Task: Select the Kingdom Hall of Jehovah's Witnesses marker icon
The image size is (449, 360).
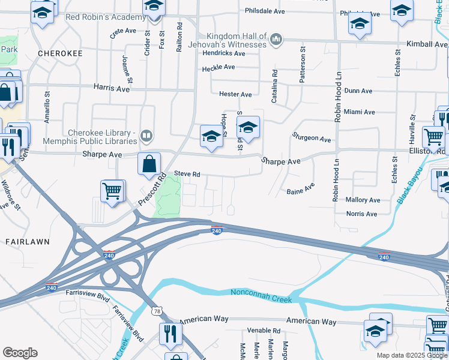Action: [x=276, y=40]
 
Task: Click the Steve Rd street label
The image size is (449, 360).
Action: [x=187, y=174]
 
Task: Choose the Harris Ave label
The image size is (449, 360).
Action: [x=112, y=88]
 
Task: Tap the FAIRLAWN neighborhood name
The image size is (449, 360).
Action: [x=26, y=241]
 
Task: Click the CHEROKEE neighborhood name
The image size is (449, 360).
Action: [x=59, y=53]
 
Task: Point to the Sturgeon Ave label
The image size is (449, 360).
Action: [x=312, y=139]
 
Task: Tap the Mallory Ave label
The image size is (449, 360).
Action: [x=363, y=200]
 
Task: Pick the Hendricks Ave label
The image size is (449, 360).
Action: [x=224, y=53]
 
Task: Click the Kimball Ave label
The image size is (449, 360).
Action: [x=426, y=44]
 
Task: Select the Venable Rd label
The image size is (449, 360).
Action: [x=264, y=331]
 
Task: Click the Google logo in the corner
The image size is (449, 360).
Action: [x=20, y=353]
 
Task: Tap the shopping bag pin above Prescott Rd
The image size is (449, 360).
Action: [x=149, y=163]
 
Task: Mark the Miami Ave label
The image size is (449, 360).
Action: [x=359, y=112]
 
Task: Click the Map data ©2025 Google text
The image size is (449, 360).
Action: [x=411, y=355]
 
